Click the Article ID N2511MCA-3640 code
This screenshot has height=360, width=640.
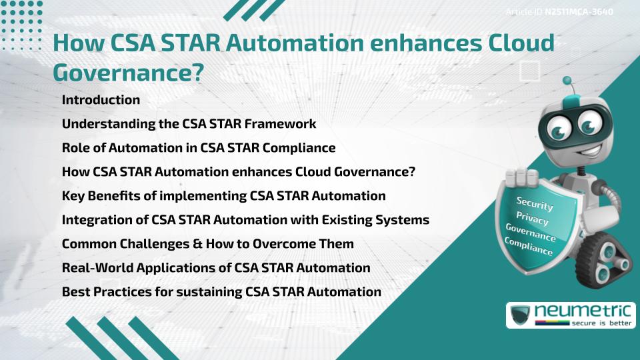[579, 12]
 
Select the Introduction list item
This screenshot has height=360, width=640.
[101, 100]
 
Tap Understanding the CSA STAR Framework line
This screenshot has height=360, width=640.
[189, 124]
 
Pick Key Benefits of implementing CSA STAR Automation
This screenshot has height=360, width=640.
[223, 196]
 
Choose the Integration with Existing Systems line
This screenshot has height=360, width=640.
[245, 220]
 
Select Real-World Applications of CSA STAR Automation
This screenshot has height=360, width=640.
[215, 268]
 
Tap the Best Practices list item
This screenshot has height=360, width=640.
[221, 292]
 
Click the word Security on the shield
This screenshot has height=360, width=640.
[535, 203]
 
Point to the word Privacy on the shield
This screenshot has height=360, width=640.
[532, 218]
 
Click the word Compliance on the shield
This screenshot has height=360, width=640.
[528, 246]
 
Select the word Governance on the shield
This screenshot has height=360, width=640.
[530, 232]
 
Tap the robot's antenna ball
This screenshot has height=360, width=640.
[567, 81]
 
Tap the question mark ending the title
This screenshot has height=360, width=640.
[197, 73]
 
